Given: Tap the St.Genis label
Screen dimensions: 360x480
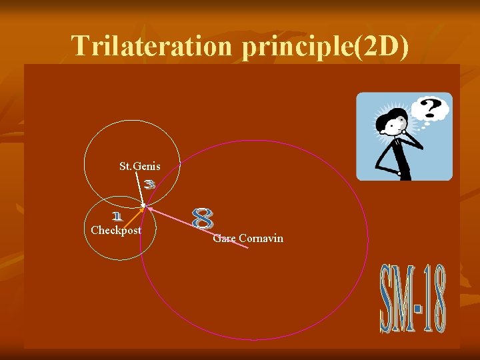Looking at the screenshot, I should pyautogui.click(x=139, y=166).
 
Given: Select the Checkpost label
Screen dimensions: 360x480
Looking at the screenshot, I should pyautogui.click(x=116, y=231).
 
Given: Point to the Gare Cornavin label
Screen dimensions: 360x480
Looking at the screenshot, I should pyautogui.click(x=248, y=238).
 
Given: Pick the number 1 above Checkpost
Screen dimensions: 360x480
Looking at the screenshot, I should pyautogui.click(x=117, y=216).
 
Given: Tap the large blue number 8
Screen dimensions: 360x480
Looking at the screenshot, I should pyautogui.click(x=203, y=219).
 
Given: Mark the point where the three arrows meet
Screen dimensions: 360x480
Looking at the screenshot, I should pyautogui.click(x=143, y=207).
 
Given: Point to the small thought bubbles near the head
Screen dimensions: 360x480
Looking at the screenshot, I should pyautogui.click(x=413, y=124).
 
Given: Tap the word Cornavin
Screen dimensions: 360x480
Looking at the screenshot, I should pyautogui.click(x=261, y=238).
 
